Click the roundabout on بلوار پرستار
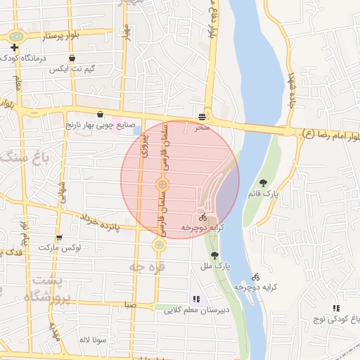(x=15, y=35)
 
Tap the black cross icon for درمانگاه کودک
(x=14, y=47)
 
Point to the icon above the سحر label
(x=202, y=116)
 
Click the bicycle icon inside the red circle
(x=202, y=218)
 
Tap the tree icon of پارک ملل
(x=214, y=255)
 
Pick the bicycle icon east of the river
(x=256, y=276)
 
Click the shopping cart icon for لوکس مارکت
(x=59, y=238)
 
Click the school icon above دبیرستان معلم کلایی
(x=195, y=299)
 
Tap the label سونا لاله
(x=92, y=339)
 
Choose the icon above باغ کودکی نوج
(x=336, y=308)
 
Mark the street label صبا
(x=129, y=304)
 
